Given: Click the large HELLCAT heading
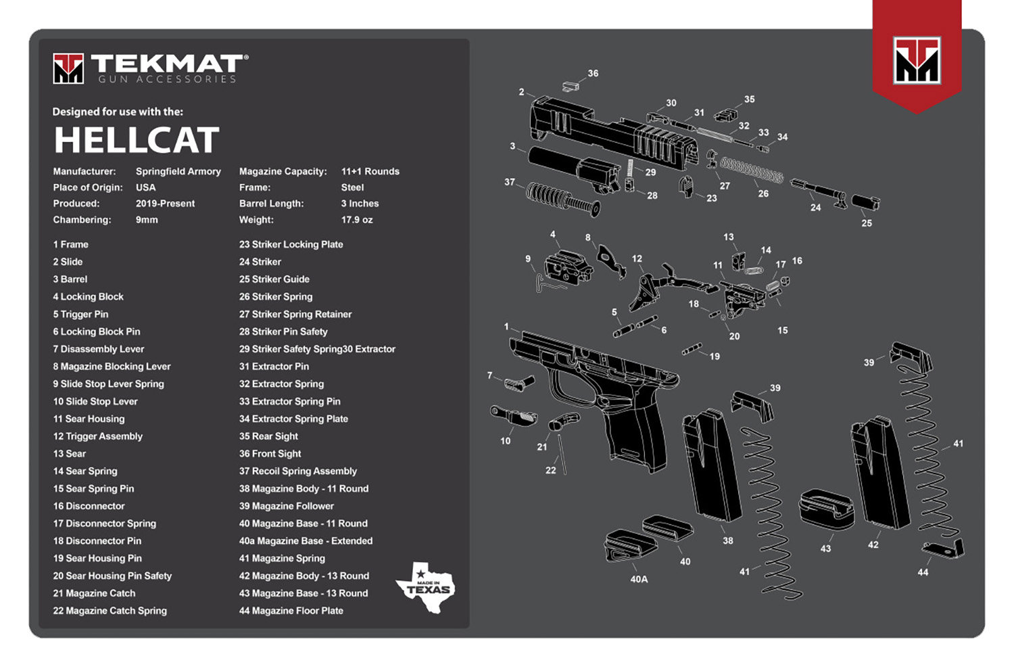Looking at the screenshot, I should tap(137, 140).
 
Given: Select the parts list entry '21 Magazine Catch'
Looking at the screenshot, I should tap(94, 593).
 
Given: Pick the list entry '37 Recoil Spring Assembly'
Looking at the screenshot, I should tap(297, 471).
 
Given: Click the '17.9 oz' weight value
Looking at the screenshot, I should tap(357, 220).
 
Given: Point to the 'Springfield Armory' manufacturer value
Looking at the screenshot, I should tap(178, 171).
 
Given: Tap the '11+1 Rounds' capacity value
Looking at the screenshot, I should tap(370, 171).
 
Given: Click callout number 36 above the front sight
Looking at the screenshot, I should tap(593, 73).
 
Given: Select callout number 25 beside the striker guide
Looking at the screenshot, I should tap(867, 223).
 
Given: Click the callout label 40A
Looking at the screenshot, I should tap(639, 579).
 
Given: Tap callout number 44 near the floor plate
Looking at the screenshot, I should tap(923, 572).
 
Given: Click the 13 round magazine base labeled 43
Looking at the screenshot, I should tap(826, 508).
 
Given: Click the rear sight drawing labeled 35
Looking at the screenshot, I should tap(726, 114).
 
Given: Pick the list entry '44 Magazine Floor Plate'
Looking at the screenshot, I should tap(291, 611).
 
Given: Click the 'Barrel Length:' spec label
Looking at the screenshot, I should tap(271, 204).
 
